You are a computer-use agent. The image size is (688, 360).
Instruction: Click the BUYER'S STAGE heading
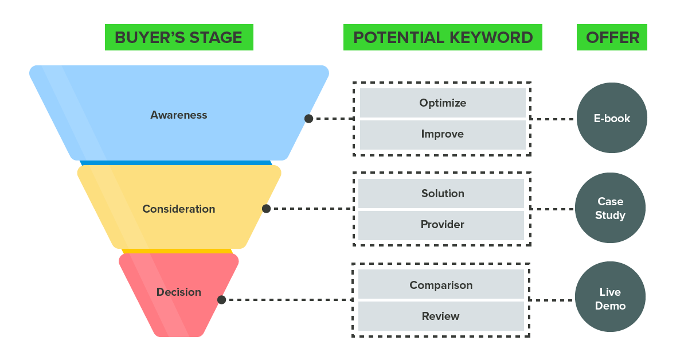[x=178, y=38]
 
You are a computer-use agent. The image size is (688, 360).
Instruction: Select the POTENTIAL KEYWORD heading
[x=443, y=38]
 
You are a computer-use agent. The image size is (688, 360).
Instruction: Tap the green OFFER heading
[x=612, y=38]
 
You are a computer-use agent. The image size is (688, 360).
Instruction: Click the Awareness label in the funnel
[x=179, y=115]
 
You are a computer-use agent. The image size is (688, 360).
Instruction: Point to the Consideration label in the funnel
[x=179, y=209]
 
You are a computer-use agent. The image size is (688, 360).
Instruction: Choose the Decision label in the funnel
[x=179, y=292]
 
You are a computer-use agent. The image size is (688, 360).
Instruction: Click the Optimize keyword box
[x=443, y=103]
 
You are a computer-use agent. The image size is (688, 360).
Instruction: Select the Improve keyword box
[x=443, y=134]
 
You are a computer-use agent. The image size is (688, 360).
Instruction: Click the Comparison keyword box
[x=441, y=285]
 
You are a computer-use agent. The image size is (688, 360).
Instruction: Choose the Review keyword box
[x=441, y=316]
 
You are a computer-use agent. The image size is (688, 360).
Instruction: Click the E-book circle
[x=612, y=119]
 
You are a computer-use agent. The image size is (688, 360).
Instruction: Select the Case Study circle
[x=610, y=208]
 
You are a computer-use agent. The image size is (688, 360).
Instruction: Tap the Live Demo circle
[x=610, y=299]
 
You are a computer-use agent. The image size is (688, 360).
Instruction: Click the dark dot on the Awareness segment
[x=308, y=119]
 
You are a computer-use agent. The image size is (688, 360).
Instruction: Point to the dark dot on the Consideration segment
[x=266, y=209]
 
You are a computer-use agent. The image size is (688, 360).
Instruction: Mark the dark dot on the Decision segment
[x=221, y=300]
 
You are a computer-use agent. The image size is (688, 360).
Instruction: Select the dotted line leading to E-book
[x=553, y=119]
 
